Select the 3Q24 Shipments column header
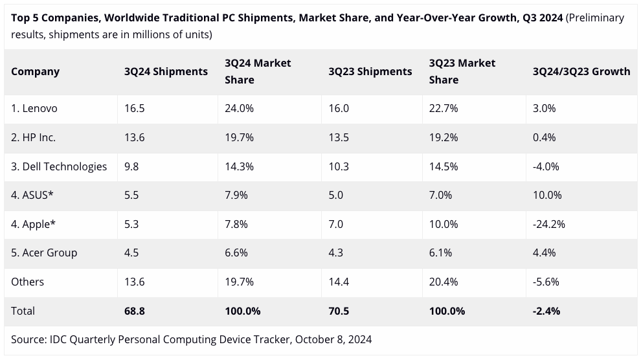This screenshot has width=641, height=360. point(166,71)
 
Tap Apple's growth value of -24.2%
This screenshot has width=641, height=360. point(549,224)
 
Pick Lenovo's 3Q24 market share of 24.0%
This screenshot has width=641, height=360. point(239,109)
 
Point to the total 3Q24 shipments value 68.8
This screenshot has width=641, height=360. point(135,311)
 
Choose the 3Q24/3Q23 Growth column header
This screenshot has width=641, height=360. point(581,71)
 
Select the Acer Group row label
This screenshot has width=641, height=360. point(44,253)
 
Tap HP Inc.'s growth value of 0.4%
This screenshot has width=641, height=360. point(544,137)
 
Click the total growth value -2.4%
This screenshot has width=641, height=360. point(546,311)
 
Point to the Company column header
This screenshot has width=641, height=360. point(35,71)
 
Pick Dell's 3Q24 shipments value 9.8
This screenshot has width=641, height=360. point(132,166)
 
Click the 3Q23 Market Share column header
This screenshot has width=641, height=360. point(462,71)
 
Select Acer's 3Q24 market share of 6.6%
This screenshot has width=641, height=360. point(236,253)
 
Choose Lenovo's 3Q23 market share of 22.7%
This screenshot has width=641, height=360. point(444,109)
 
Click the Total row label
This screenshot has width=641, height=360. point(23,311)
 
